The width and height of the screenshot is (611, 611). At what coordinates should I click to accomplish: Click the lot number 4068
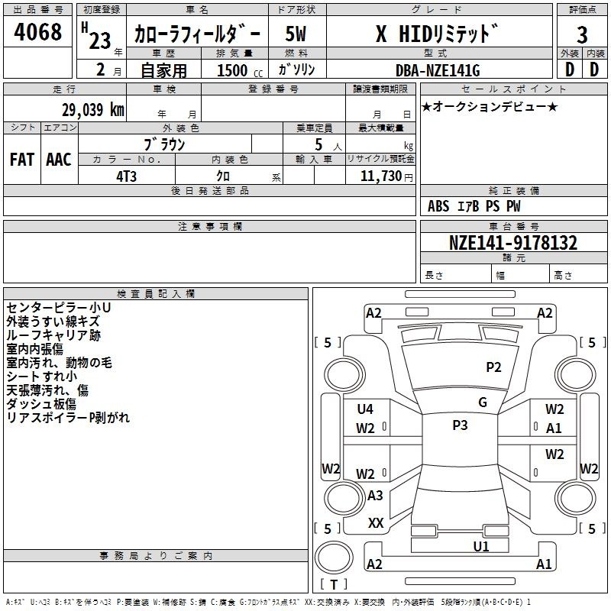coord(37,31)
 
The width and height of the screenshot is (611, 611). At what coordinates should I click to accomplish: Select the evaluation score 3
coord(582,35)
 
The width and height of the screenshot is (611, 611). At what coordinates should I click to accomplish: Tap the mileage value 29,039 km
coord(92,110)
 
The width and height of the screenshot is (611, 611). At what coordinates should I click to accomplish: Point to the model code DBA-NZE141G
coord(438,70)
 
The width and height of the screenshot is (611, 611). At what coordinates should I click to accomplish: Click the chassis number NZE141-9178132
coord(513,243)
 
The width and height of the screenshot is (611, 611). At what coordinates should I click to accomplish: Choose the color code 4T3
coord(126,176)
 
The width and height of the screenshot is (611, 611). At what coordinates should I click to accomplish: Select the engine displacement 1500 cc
coord(240,70)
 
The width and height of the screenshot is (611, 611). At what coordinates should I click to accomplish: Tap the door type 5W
coord(296,34)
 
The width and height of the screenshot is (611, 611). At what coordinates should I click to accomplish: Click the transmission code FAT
coord(22,160)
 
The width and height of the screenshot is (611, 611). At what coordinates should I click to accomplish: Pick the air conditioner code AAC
coord(59,160)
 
